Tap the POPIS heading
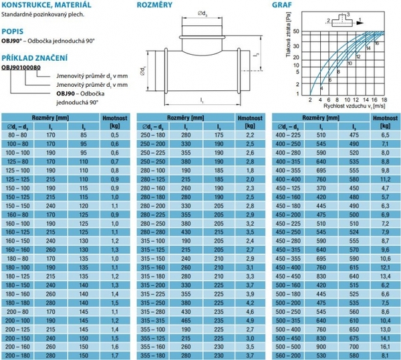point(13,31)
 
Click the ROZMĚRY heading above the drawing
point(155,5)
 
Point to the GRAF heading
point(281,5)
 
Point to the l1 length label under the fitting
point(201,100)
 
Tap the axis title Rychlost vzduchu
point(342,106)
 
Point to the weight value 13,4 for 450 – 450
point(384,274)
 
